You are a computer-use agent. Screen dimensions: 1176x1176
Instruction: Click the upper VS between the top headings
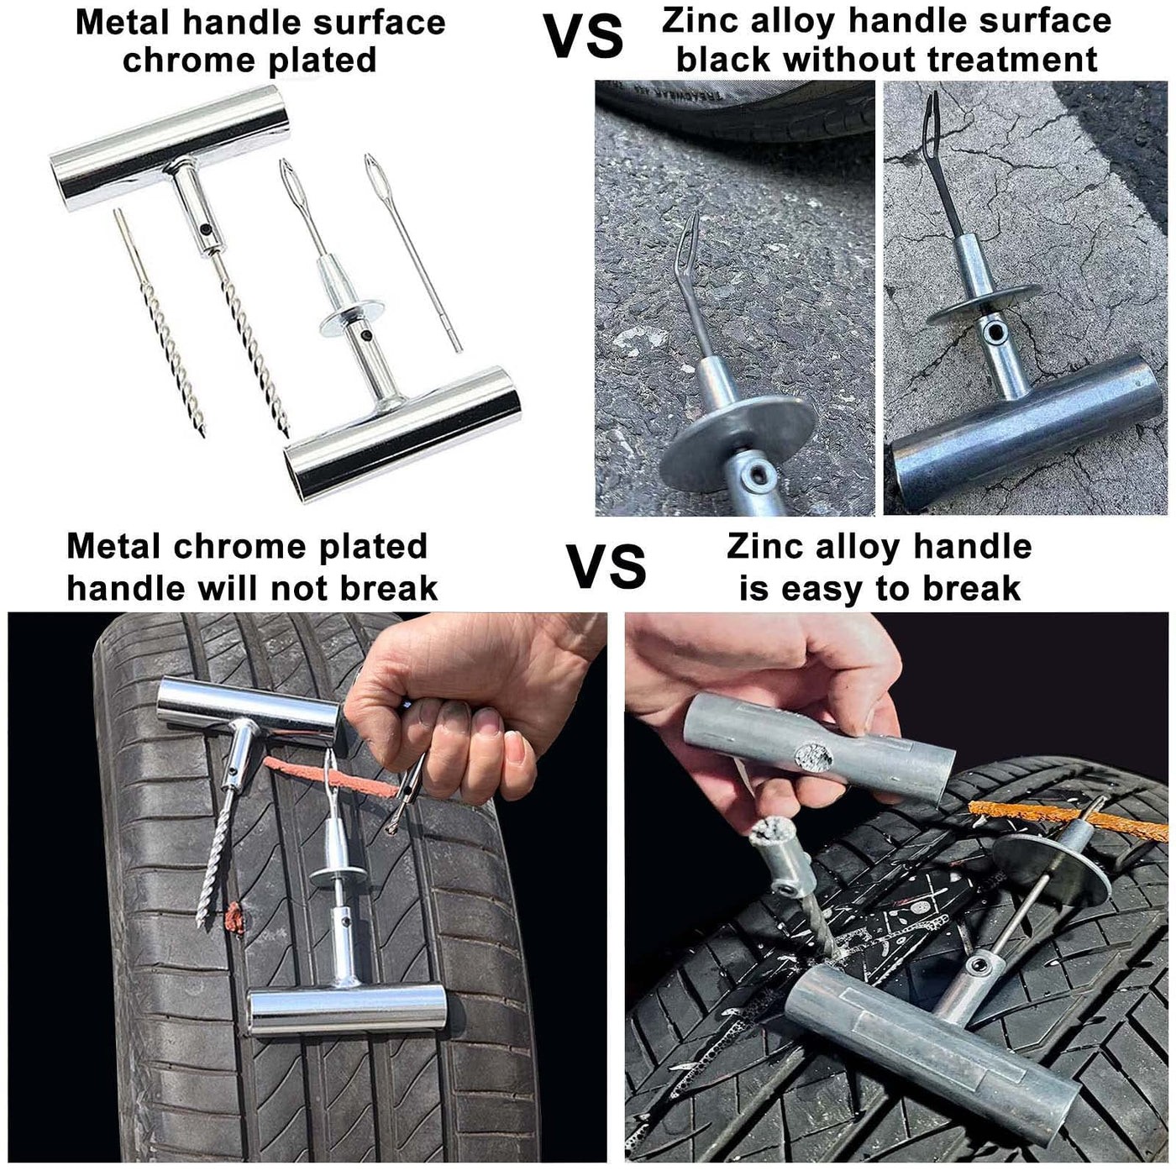click(583, 37)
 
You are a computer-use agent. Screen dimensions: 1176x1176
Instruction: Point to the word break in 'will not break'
click(389, 588)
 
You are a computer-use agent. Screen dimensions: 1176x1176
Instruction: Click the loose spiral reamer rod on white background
click(160, 323)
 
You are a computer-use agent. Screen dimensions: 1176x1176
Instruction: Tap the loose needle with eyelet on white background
click(412, 253)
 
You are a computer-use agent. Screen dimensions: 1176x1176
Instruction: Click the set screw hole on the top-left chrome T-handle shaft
click(205, 228)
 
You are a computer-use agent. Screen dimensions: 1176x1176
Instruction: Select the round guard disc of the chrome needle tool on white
click(352, 318)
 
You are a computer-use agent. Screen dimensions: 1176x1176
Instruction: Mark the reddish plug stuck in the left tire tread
click(234, 918)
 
